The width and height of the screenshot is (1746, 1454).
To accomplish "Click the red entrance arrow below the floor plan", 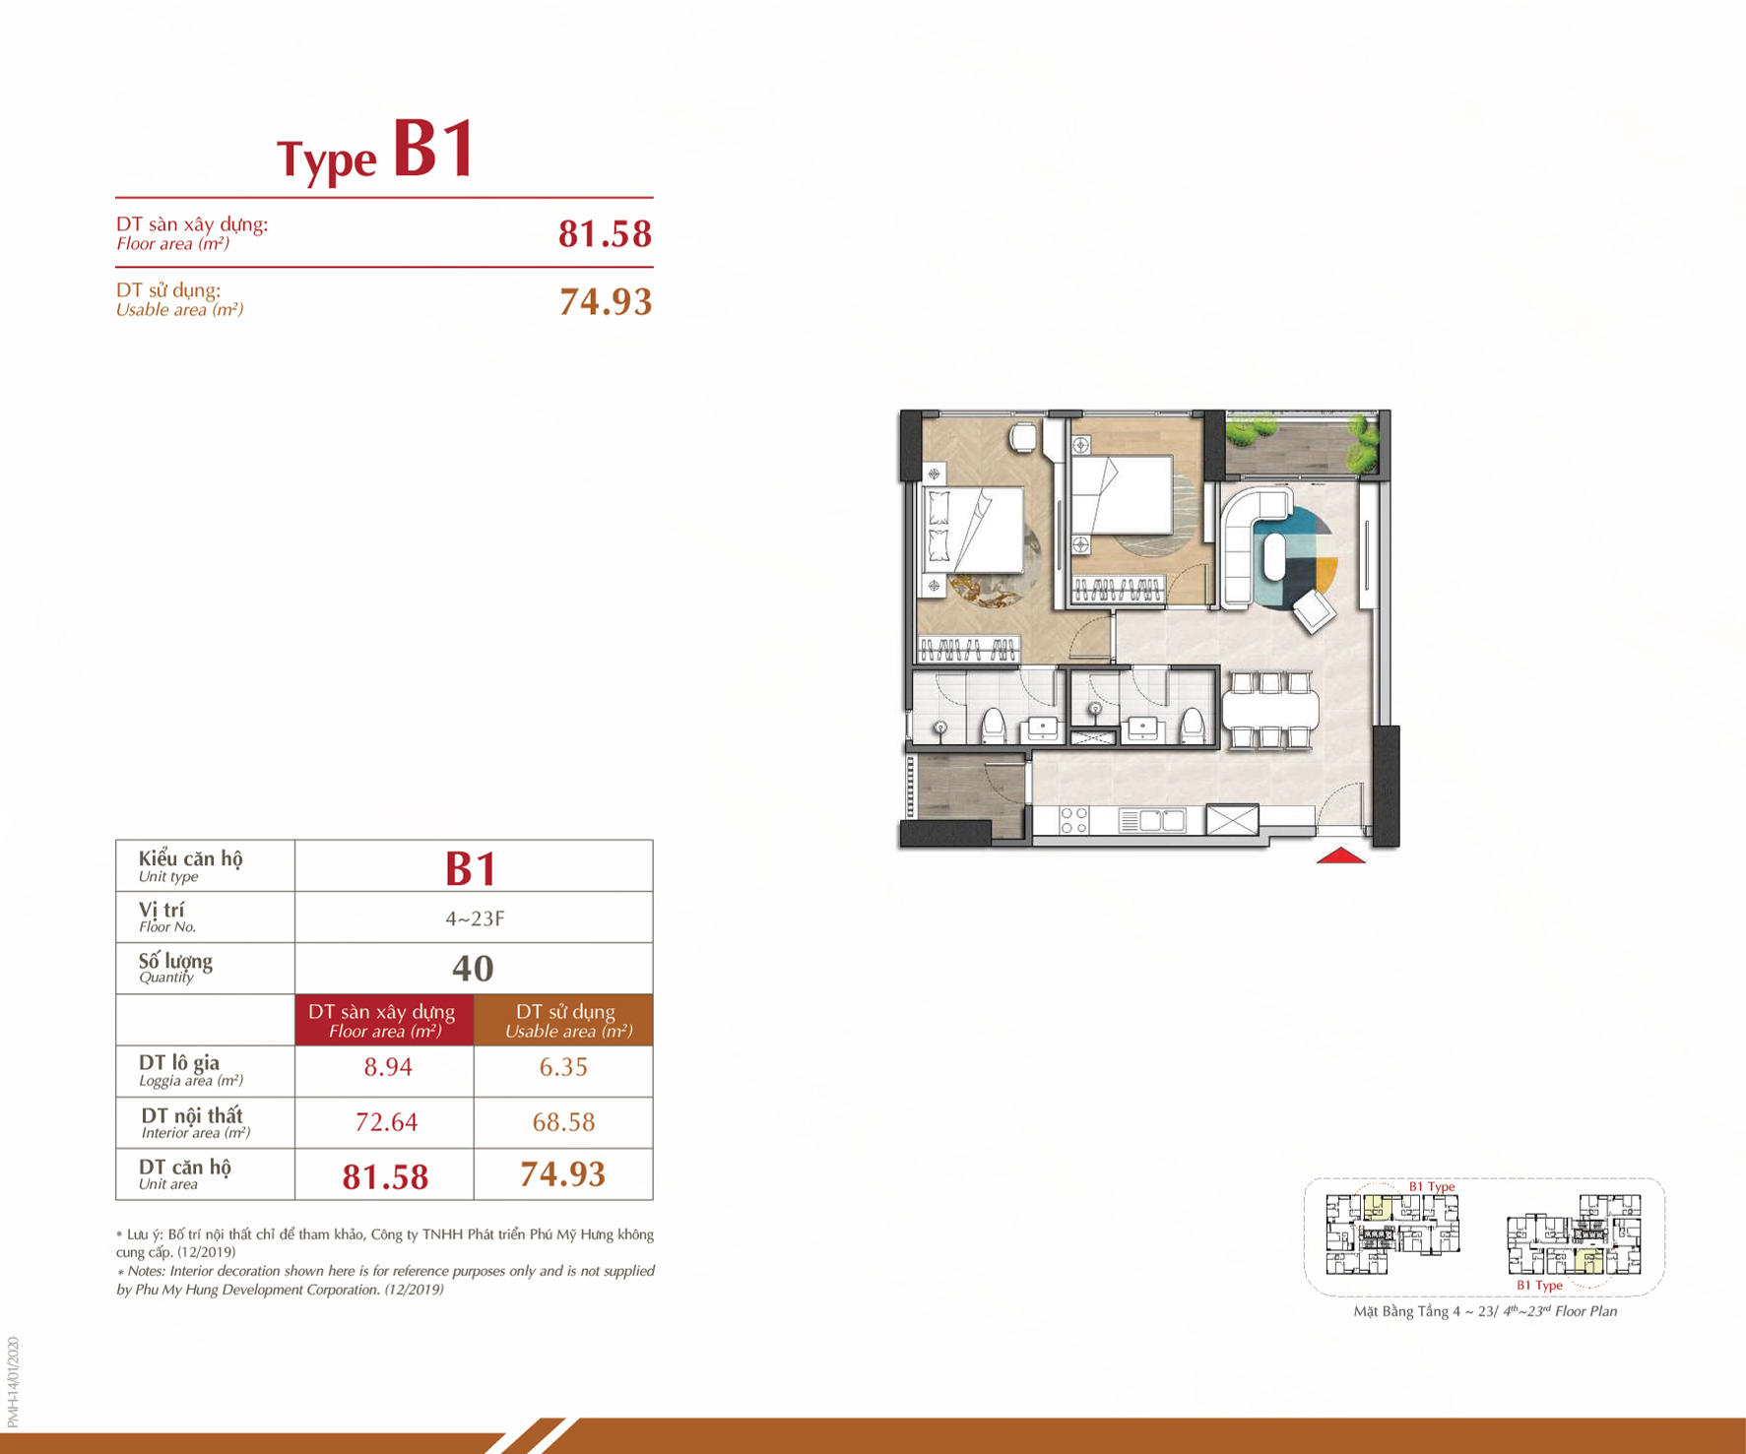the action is coord(1341,855).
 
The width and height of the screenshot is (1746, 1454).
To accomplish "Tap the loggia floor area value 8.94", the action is coord(388,1067).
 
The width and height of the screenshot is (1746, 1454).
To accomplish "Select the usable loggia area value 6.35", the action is coord(563,1067).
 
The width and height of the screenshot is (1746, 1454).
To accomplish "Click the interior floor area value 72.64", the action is coord(386,1122).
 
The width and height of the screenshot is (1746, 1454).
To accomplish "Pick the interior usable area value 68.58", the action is coord(563,1122).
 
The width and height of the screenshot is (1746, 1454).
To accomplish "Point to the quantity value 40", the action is coord(473,969).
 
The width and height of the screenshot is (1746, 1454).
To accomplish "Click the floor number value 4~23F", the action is coord(475,918).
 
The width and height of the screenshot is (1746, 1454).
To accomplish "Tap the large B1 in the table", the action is coord(472,868).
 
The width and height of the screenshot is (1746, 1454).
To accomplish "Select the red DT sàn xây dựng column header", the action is coord(384,1020).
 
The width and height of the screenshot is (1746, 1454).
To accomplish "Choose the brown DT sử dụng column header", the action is coord(563,1020).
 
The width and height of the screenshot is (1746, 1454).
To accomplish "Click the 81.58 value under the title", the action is coord(605,234).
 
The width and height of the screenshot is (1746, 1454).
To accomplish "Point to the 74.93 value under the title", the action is coord(606,301).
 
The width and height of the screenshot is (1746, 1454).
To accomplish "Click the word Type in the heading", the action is coord(327,159).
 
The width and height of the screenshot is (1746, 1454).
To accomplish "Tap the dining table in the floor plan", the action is coord(1270,709).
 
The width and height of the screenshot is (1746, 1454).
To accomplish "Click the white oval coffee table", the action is coord(1274,556).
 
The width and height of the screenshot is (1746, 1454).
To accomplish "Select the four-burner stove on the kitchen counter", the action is coord(1073,820).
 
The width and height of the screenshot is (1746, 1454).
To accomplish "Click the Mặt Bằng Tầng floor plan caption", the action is coord(1485,1310).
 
